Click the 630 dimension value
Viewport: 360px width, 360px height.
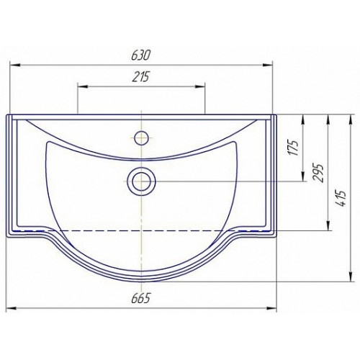[x=140, y=55]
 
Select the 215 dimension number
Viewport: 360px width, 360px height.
[x=140, y=77]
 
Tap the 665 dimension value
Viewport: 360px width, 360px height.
[x=140, y=298]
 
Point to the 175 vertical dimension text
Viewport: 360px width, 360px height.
[x=294, y=148]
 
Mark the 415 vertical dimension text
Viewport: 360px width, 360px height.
[x=342, y=198]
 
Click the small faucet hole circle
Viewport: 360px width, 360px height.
[x=142, y=138]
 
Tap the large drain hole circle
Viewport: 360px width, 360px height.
[x=142, y=181]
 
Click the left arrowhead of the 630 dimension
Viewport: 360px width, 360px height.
[x=14, y=65]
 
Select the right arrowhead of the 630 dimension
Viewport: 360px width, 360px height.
[x=268, y=65]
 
